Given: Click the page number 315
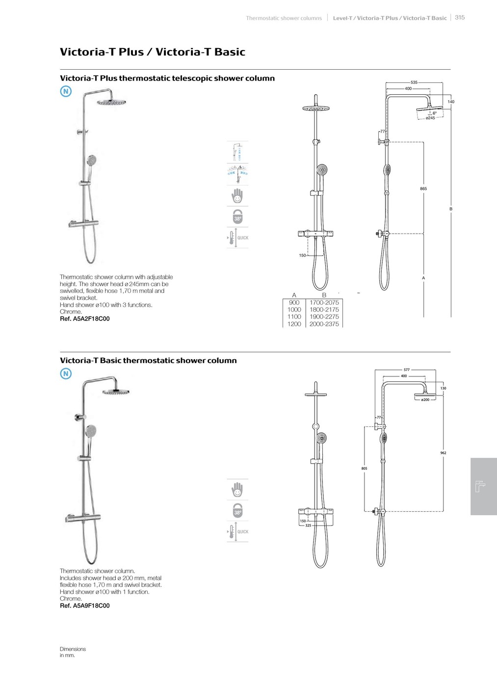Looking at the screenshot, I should coord(460,17).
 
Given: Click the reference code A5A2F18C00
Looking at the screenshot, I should coord(85,318).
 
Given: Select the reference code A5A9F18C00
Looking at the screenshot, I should coord(85,606).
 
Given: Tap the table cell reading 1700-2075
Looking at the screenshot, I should coord(324,302).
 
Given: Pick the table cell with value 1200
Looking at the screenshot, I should coord(294,324).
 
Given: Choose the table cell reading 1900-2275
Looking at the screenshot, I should coord(324,317).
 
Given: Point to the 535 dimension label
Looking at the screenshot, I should coord(414,82).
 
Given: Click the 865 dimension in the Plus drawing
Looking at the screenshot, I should coord(423,188).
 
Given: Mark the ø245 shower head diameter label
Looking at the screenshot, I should coord(430,118).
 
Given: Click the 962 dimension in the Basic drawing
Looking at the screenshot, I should coord(444,453).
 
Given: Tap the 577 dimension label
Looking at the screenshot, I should coord(407,370).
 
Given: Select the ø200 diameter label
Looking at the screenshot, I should coord(425,400).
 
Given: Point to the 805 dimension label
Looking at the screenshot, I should coord(364,469).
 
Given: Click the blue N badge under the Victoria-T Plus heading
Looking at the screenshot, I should coord(66,91).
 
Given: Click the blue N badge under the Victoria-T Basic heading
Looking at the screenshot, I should coord(66,373).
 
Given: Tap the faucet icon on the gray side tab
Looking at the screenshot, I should coord(481,486).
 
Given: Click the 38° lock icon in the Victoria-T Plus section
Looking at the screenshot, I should coord(238,216).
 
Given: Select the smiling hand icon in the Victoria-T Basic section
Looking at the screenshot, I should coord(238,489).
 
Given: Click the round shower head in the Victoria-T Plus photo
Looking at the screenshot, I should coord(111,102).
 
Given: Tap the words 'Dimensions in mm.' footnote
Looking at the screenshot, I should coord(73,652).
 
